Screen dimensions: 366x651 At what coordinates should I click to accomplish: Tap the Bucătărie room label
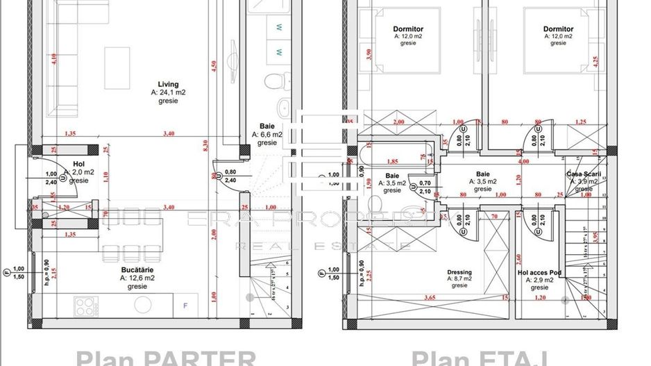[136, 269]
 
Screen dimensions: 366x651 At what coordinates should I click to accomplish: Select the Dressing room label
[459, 272]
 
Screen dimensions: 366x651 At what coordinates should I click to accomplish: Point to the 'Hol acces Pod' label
[539, 272]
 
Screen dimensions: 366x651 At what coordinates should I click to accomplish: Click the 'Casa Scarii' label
[583, 174]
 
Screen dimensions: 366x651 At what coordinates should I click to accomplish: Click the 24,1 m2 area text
[168, 92]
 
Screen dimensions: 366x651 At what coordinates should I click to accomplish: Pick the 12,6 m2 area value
[136, 277]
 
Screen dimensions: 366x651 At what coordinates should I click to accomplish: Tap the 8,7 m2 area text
[459, 279]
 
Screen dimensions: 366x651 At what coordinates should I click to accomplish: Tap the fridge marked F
[185, 304]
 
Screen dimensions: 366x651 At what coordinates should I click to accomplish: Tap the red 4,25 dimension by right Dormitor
[595, 60]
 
